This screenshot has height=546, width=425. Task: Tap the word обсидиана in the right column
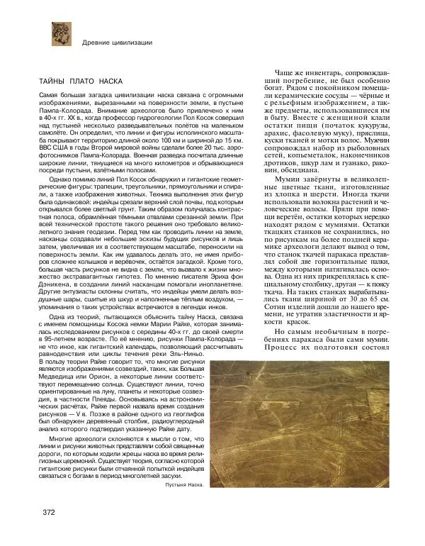click(289, 171)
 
